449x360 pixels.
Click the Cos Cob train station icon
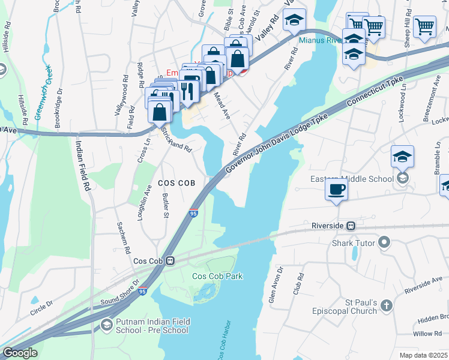(170, 261)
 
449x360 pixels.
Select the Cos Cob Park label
(217, 276)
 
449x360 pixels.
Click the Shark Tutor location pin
(385, 243)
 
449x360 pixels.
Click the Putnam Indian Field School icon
(106, 325)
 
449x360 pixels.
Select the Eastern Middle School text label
(352, 179)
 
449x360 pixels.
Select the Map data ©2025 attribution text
(423, 355)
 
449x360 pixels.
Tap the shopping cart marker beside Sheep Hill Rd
(424, 26)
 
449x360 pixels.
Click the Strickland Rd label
(176, 140)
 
